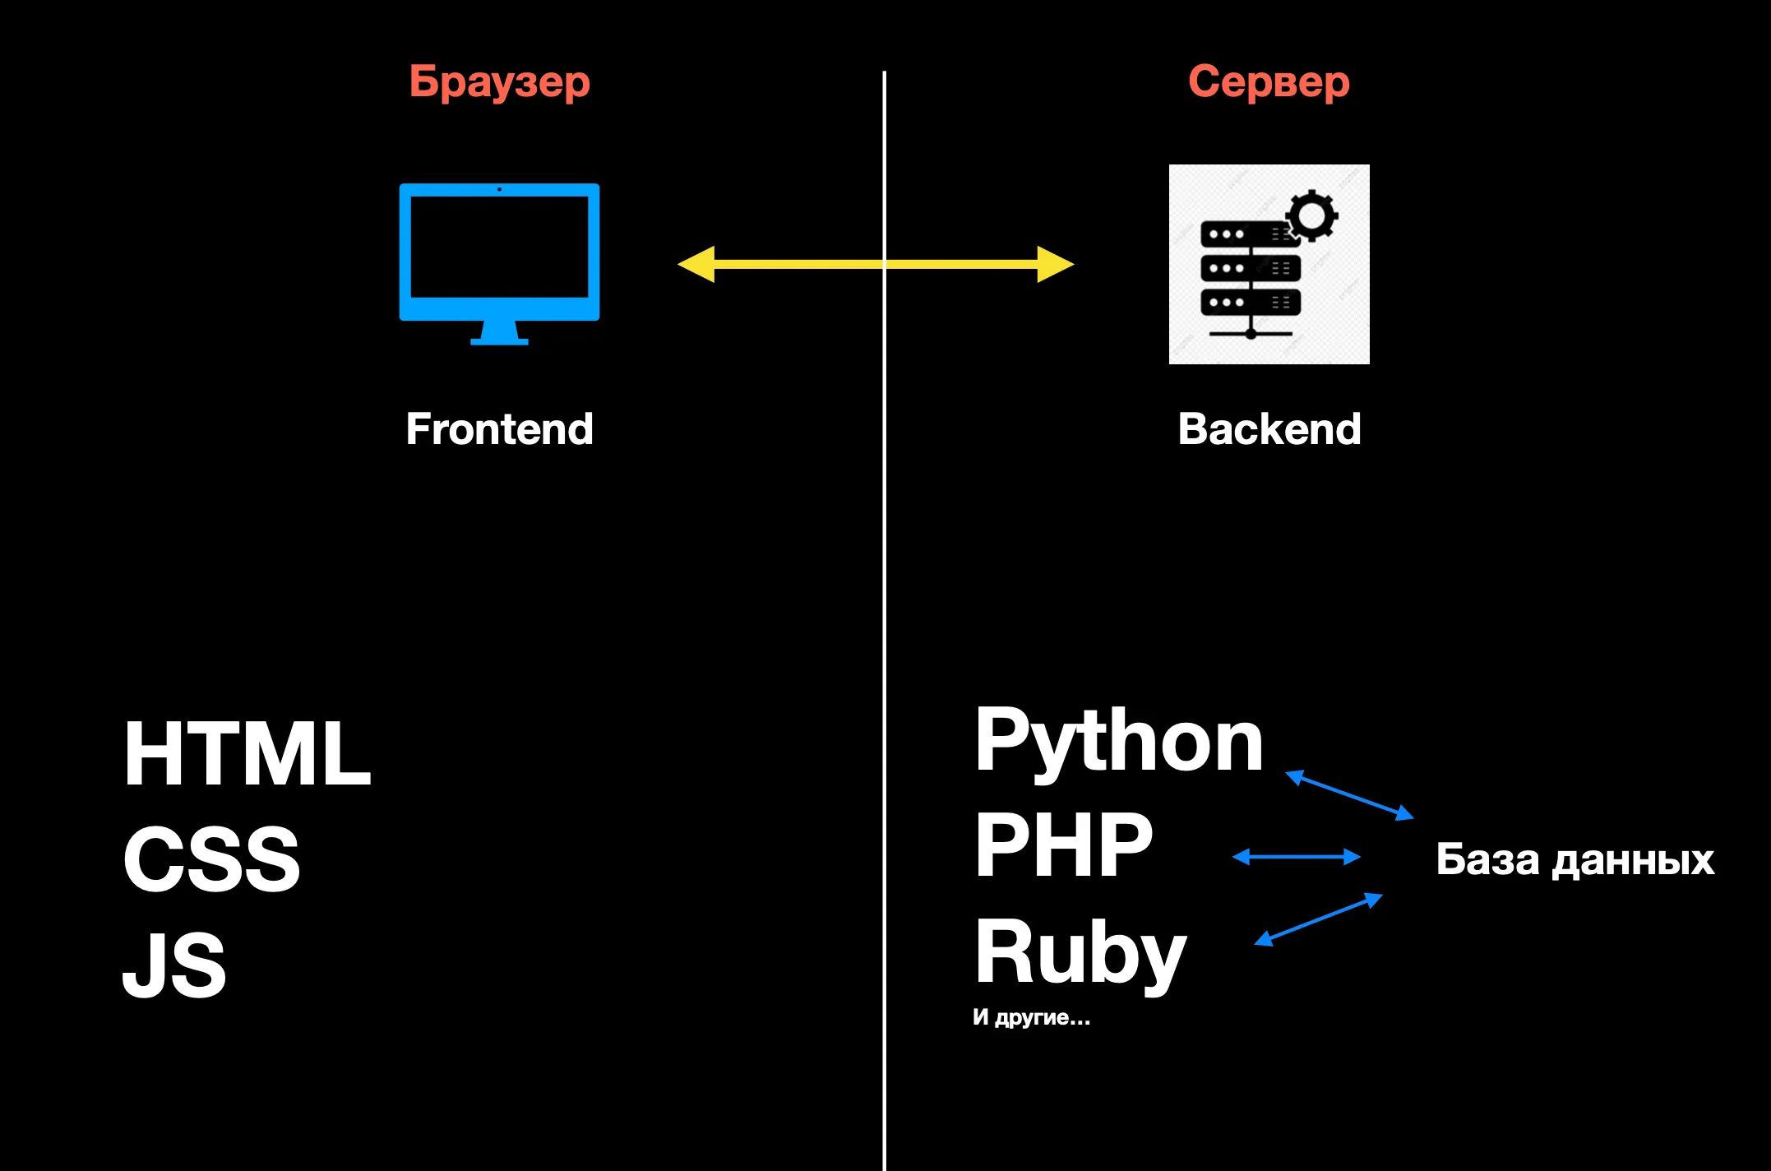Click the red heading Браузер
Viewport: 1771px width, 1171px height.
pyautogui.click(x=499, y=82)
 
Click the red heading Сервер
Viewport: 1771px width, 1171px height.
pyautogui.click(x=1269, y=82)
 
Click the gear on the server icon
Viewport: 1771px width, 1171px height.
pyautogui.click(x=1311, y=215)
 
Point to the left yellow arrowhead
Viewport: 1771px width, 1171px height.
pyautogui.click(x=696, y=264)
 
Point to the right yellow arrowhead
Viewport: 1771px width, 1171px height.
pyautogui.click(x=1055, y=264)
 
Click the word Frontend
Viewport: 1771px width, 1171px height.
pyautogui.click(x=499, y=429)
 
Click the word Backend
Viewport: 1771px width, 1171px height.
pyautogui.click(x=1269, y=429)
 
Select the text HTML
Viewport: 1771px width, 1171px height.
pyautogui.click(x=247, y=754)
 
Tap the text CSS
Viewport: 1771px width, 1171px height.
pyautogui.click(x=211, y=859)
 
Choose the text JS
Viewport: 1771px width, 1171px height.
pyautogui.click(x=174, y=965)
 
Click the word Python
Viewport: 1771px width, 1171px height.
pyautogui.click(x=1118, y=742)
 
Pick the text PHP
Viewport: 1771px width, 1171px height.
pyautogui.click(x=1063, y=845)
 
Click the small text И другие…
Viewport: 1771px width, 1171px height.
pyautogui.click(x=1031, y=1018)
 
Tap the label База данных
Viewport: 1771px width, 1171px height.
pyautogui.click(x=1574, y=859)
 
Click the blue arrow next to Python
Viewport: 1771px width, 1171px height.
pyautogui.click(x=1349, y=794)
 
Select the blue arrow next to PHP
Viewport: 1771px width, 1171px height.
pyautogui.click(x=1297, y=857)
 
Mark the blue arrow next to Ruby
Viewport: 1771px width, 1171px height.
pyautogui.click(x=1318, y=919)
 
